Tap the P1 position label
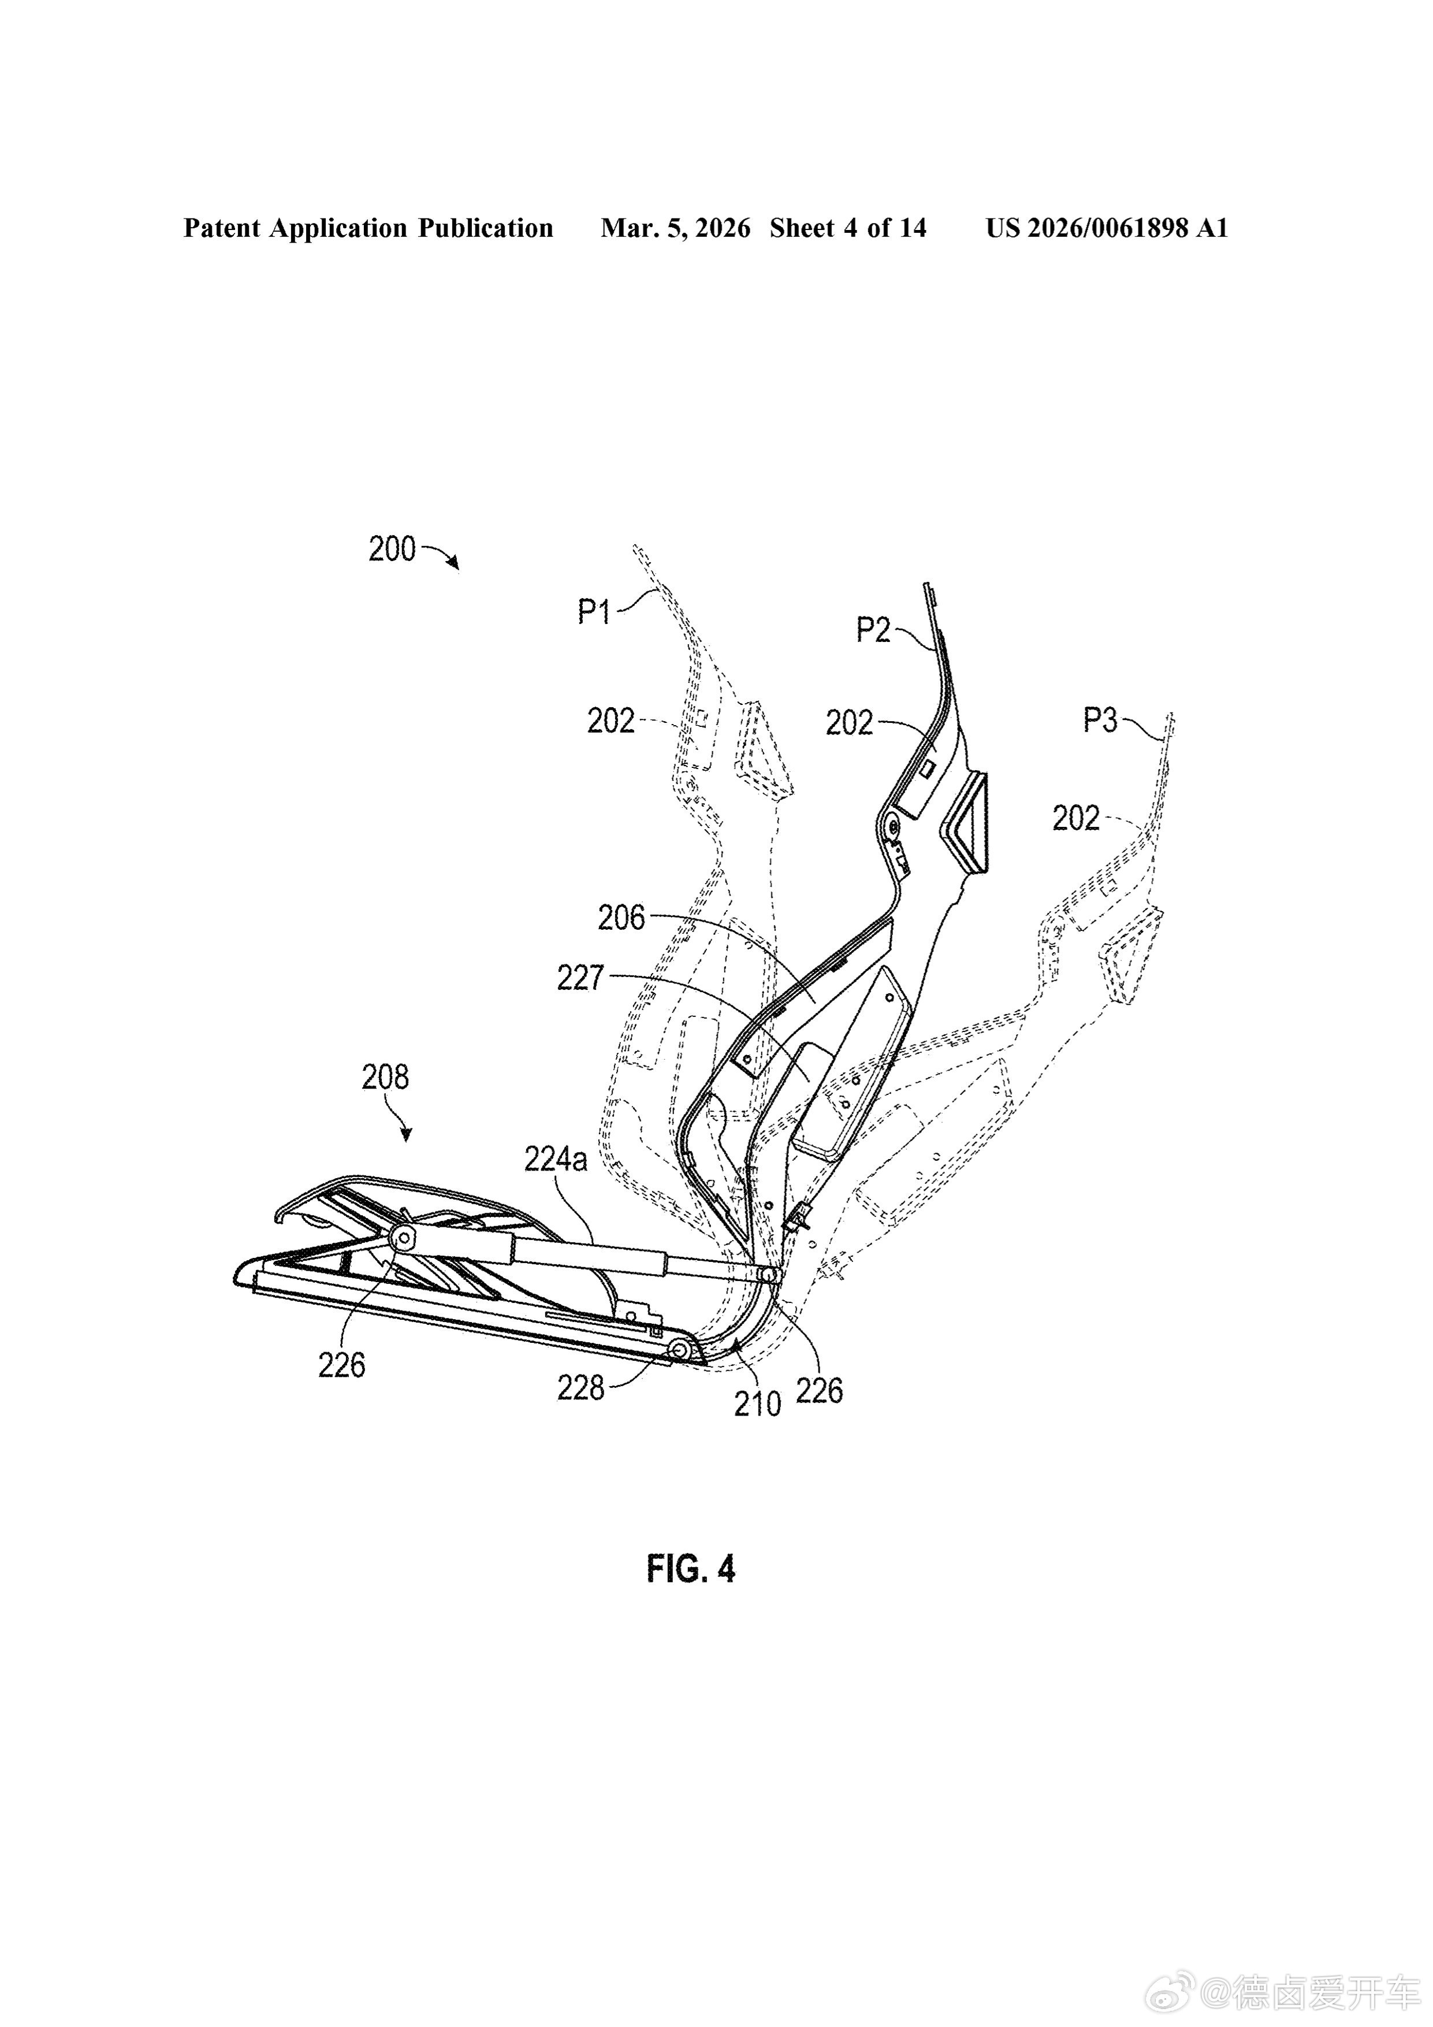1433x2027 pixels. (595, 611)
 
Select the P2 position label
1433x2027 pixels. (873, 630)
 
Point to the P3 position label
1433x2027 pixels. (1100, 721)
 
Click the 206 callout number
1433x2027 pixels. (622, 918)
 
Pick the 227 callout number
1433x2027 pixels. (580, 978)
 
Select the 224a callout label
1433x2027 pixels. (556, 1159)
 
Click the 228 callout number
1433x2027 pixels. (580, 1389)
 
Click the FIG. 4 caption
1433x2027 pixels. (691, 1570)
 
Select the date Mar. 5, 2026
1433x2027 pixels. (675, 229)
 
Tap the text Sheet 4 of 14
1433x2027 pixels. (848, 229)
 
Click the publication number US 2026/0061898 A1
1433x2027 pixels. (1107, 229)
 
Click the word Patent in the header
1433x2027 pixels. (222, 229)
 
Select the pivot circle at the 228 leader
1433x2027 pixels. (680, 1350)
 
